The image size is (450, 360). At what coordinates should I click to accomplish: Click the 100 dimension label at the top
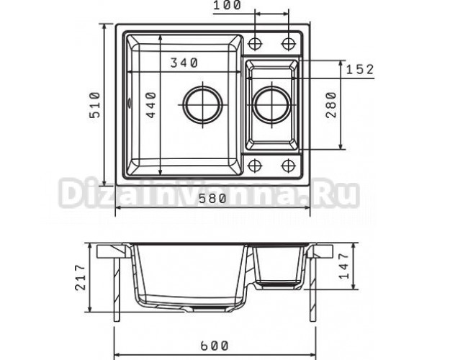click(228, 6)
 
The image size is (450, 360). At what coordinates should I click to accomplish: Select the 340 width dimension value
click(184, 63)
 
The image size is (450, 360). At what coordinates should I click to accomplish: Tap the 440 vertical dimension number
click(151, 105)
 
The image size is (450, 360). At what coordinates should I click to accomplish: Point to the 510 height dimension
click(95, 105)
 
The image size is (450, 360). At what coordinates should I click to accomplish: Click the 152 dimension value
click(360, 69)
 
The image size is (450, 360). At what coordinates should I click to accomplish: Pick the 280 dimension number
click(331, 105)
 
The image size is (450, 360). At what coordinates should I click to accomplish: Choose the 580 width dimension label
click(213, 199)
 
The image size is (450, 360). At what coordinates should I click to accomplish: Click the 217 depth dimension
click(81, 278)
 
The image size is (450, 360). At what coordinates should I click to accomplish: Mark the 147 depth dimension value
click(344, 266)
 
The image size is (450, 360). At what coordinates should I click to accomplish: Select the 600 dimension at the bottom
click(215, 346)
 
